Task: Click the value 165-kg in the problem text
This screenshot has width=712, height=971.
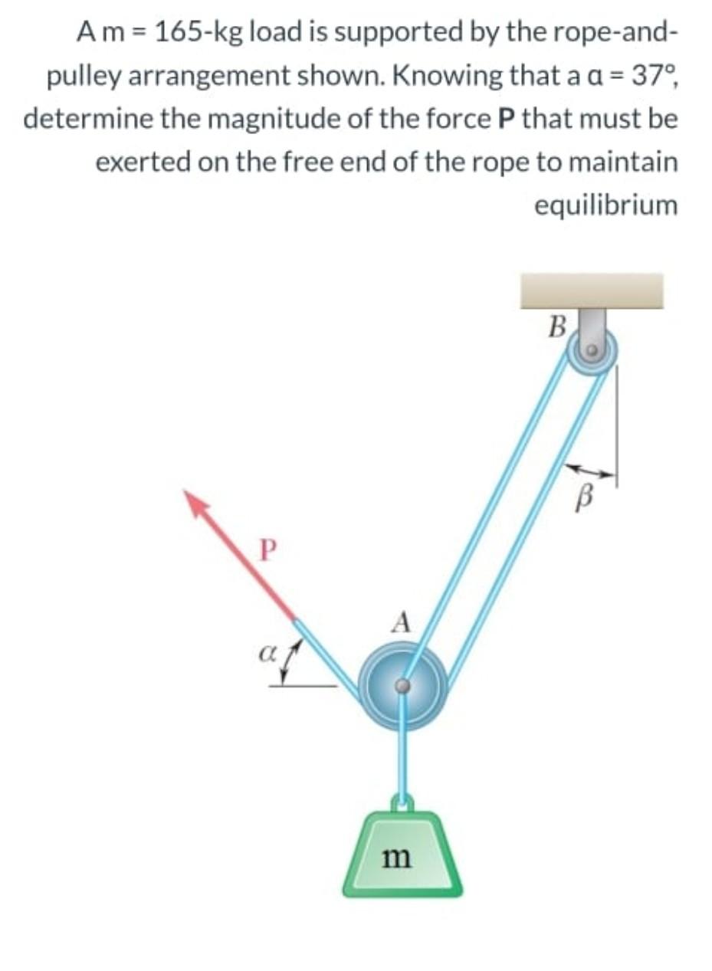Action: click(x=196, y=32)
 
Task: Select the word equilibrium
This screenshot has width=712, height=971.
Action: click(x=605, y=205)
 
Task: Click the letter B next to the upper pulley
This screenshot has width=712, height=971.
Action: click(x=558, y=327)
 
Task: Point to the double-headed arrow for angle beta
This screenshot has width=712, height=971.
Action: click(x=591, y=472)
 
